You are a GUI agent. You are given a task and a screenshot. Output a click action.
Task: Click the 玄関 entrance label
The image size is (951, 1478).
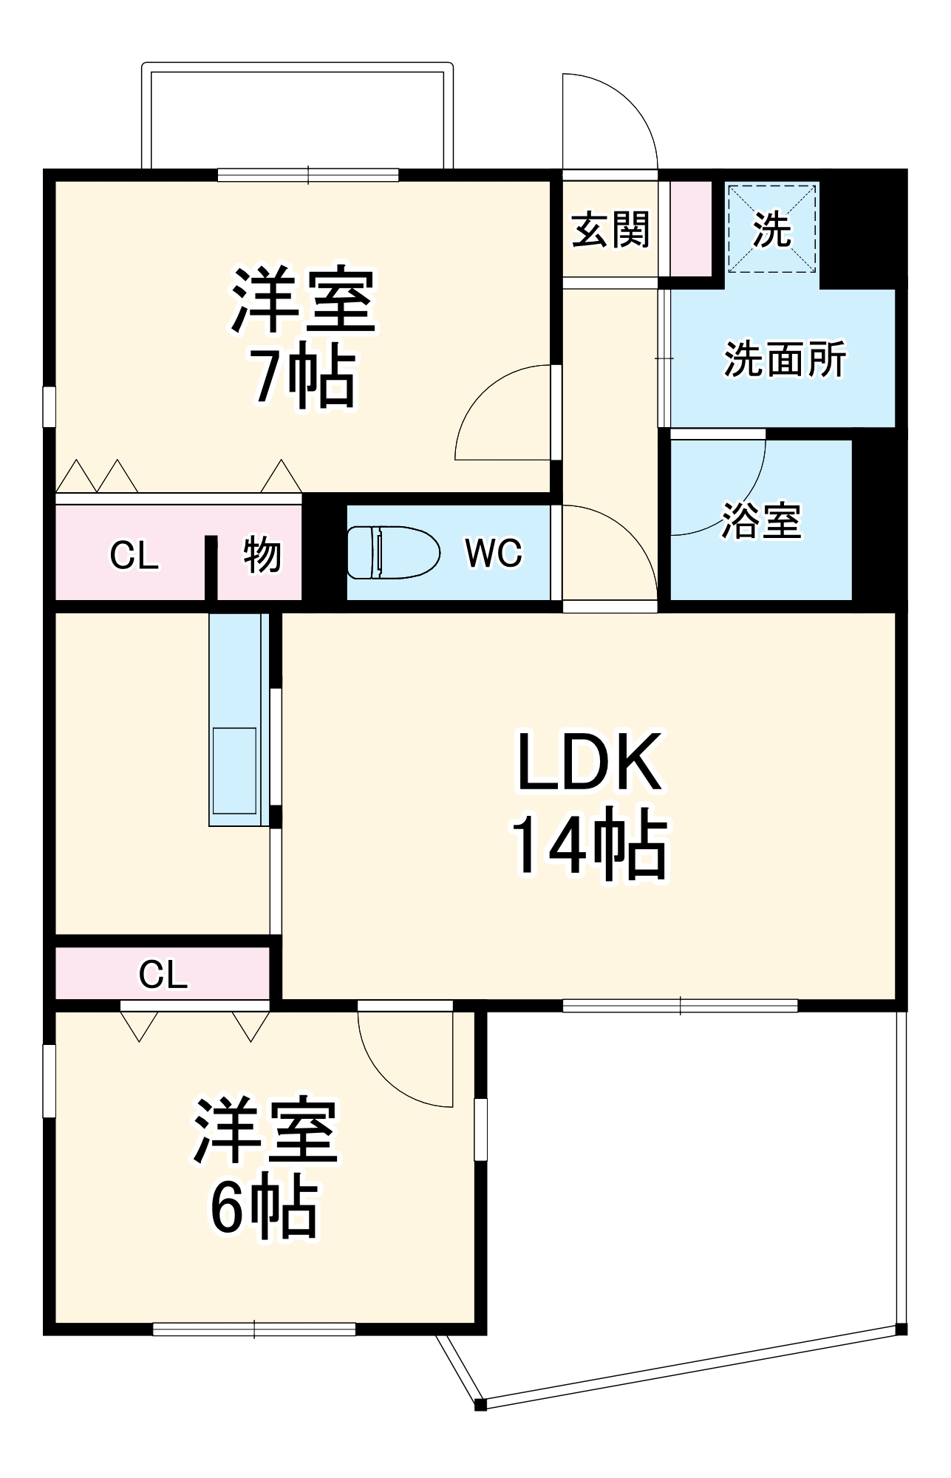(610, 229)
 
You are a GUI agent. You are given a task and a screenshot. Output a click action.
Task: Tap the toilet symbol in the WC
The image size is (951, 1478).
(392, 552)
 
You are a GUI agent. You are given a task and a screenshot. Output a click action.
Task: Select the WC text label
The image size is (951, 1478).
(494, 553)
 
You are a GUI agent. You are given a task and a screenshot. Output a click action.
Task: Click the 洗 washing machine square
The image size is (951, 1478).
(772, 228)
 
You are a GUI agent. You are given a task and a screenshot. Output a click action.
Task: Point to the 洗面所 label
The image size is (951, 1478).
(785, 360)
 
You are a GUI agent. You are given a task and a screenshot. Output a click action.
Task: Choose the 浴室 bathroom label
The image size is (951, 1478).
(761, 520)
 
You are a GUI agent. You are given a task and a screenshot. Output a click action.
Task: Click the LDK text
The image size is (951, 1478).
(589, 762)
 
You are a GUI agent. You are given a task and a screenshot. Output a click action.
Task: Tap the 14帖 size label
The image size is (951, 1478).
(589, 844)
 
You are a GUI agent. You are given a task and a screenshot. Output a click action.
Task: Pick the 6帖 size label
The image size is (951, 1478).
(265, 1208)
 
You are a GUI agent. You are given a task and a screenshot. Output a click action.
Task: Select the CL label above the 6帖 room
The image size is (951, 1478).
(163, 975)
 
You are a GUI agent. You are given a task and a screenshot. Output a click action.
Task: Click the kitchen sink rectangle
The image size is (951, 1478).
(234, 771)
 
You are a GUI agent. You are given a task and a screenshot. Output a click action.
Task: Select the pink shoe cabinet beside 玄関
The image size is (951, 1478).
(691, 228)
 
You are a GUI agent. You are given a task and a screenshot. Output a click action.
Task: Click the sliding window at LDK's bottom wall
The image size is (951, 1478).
(680, 1006)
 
